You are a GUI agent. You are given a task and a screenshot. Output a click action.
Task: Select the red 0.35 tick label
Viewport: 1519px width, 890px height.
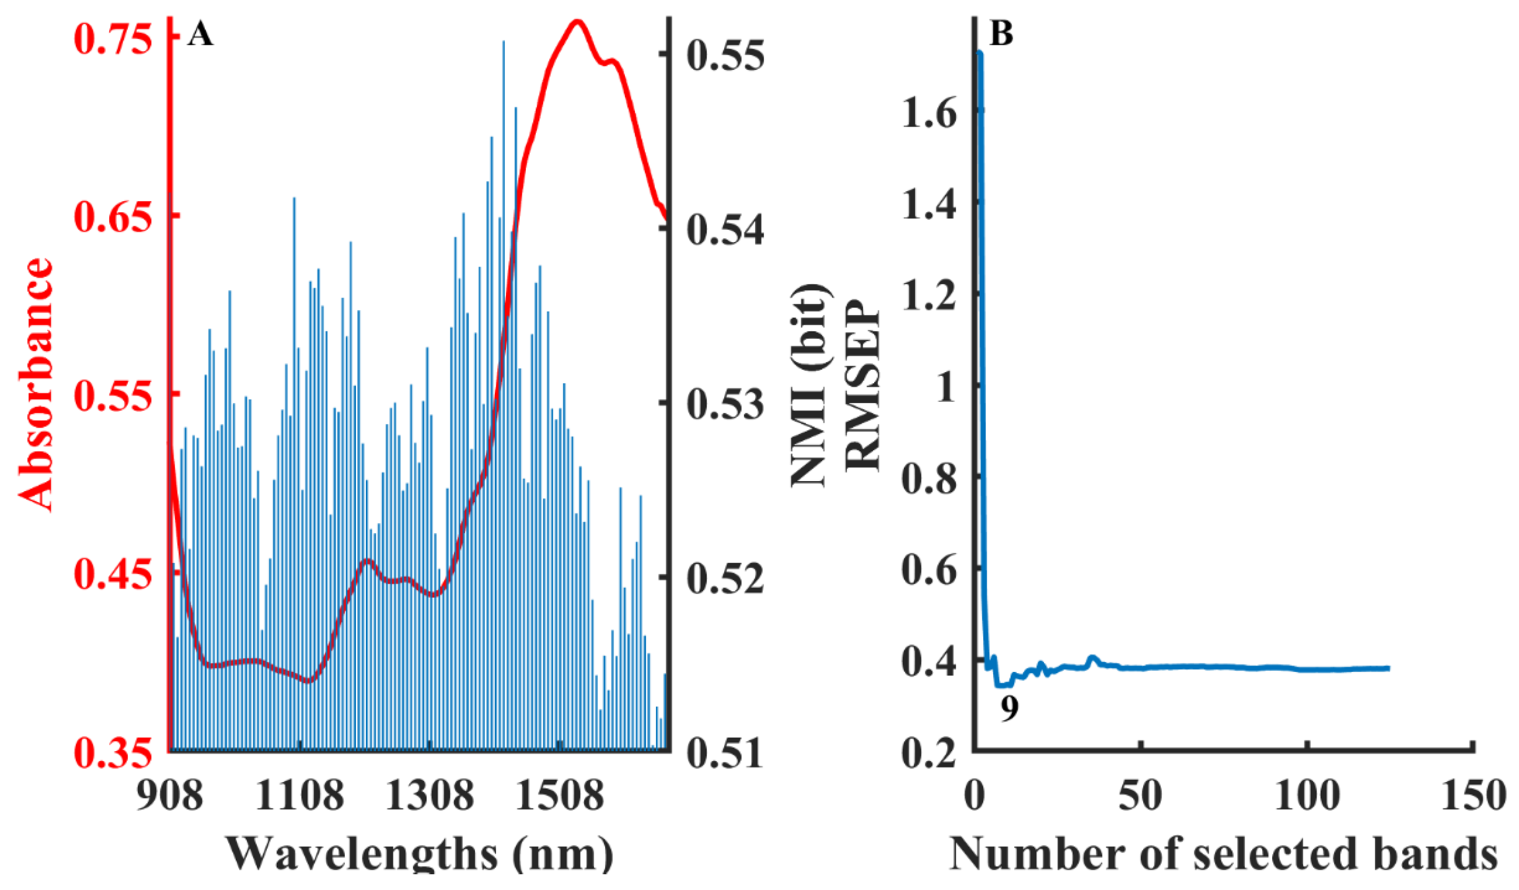click(112, 753)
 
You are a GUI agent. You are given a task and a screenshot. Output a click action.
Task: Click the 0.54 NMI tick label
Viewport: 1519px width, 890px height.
click(725, 230)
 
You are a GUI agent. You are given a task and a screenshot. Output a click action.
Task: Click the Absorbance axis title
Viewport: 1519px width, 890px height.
click(35, 386)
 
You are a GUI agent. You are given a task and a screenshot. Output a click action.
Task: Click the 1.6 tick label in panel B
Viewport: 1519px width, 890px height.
click(929, 113)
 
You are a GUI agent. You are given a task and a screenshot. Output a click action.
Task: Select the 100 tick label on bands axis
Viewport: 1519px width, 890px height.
click(1307, 796)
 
